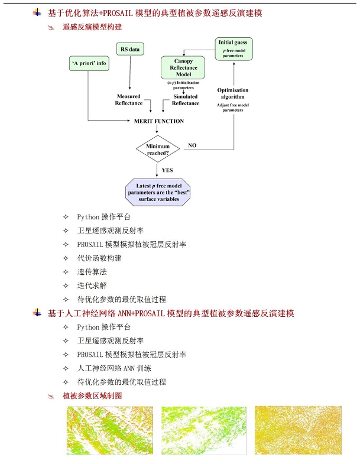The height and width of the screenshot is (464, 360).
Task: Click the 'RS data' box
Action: pyautogui.click(x=129, y=50)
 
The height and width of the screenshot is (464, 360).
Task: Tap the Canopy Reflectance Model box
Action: pyautogui.click(x=183, y=67)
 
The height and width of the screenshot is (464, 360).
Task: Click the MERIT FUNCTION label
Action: pyautogui.click(x=159, y=121)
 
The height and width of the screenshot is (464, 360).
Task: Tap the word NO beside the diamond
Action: pyautogui.click(x=192, y=145)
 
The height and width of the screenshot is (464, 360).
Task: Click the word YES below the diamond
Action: pyautogui.click(x=167, y=170)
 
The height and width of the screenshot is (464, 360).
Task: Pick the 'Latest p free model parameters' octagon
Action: pyautogui.click(x=158, y=192)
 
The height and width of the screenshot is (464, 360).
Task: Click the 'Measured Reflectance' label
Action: pyautogui.click(x=128, y=99)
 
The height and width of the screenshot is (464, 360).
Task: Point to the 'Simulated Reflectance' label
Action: pyautogui.click(x=186, y=99)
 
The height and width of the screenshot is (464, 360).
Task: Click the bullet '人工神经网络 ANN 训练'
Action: pyautogui.click(x=113, y=368)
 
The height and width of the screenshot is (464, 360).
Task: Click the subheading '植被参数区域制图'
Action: pyautogui.click(x=92, y=395)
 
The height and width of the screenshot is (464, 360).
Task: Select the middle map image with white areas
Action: pyautogui.click(x=203, y=430)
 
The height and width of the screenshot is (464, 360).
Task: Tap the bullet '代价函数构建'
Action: pyautogui.click(x=99, y=258)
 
